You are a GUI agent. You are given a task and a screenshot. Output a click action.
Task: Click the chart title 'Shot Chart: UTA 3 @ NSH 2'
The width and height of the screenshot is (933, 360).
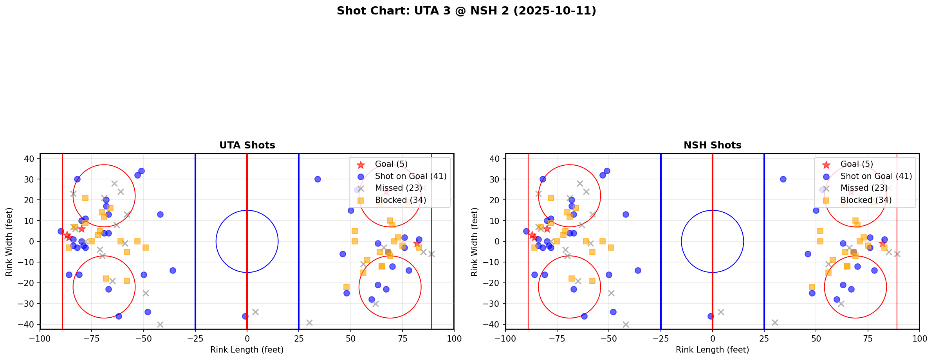466,11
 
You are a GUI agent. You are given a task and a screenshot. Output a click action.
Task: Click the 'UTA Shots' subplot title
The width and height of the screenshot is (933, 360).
247,145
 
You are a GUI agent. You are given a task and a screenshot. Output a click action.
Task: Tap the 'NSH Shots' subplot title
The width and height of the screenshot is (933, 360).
712,145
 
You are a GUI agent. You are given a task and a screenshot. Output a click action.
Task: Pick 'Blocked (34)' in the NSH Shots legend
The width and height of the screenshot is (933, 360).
866,200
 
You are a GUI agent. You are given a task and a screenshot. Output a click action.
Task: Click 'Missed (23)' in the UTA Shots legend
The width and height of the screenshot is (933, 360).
398,188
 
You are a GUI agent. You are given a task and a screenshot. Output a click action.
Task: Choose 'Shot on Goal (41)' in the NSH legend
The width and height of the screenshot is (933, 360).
876,176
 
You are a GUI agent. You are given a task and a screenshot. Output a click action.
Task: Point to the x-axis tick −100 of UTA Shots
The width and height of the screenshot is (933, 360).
40,338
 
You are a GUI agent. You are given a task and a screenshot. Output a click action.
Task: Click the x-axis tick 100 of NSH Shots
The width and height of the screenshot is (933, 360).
919,338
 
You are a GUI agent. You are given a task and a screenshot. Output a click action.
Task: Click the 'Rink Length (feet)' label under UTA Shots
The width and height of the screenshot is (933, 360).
247,350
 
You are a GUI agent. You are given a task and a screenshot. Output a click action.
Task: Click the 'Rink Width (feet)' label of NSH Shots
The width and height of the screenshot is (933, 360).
475,241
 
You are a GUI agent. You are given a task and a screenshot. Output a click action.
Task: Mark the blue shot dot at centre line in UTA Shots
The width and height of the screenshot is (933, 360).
245,316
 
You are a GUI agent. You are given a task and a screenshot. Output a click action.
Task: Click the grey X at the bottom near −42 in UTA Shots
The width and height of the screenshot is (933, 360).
160,324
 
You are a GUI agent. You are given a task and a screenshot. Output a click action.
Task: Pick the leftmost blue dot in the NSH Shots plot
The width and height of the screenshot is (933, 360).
526,231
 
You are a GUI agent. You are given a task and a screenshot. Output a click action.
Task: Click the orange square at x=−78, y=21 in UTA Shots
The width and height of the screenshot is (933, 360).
85,198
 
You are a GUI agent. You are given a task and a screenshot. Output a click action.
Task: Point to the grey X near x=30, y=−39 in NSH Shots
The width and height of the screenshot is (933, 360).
774,322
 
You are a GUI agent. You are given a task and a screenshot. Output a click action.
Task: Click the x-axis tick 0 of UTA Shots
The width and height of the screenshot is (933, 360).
247,338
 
